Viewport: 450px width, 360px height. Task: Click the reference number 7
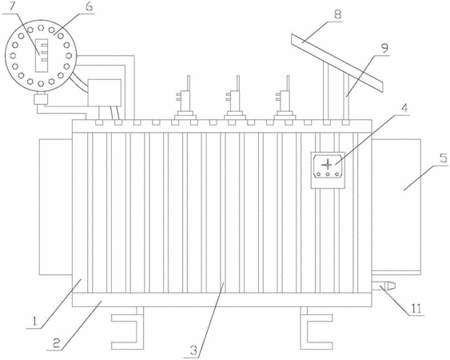(x=11, y=7)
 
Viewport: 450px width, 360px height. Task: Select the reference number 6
(x=90, y=6)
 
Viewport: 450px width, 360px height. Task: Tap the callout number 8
(x=338, y=14)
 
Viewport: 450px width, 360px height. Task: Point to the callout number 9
(x=384, y=48)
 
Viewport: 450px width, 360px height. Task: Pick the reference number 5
(x=444, y=159)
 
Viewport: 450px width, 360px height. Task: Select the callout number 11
(x=416, y=309)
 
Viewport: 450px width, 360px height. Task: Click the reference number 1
(x=34, y=321)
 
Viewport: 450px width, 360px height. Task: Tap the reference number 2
(x=56, y=343)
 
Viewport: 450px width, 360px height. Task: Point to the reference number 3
(x=193, y=350)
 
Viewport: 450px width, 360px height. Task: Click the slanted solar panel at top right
(x=337, y=63)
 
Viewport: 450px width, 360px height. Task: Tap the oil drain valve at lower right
(x=384, y=286)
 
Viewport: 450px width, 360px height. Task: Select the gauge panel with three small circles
(x=328, y=170)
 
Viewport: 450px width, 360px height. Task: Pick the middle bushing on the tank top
(x=235, y=98)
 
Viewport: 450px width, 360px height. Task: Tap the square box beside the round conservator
(x=105, y=93)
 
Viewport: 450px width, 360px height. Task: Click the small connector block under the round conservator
(x=41, y=99)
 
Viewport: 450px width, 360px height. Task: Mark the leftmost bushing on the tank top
(x=185, y=98)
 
